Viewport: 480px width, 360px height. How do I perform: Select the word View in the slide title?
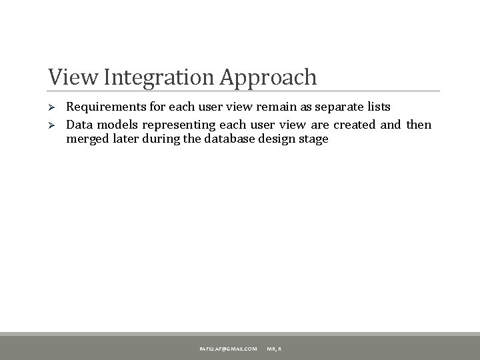69,77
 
